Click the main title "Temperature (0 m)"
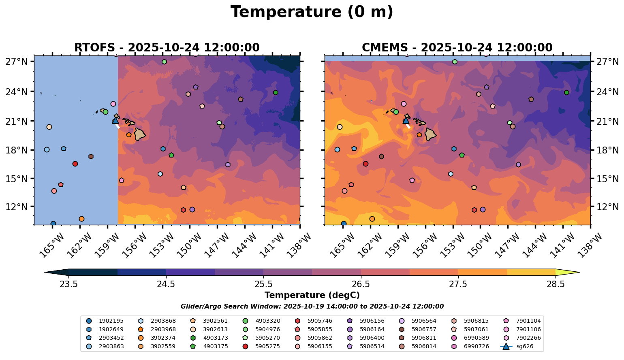312,12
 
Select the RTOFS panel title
167,48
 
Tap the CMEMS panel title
457,48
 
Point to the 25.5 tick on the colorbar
263,284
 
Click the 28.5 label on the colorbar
556,284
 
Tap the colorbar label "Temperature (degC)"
312,296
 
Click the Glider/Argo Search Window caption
312,307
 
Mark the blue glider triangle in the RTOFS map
115,120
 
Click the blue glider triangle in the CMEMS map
406,120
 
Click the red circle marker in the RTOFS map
75,164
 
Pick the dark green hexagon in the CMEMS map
566,93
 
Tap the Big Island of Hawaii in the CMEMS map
430,134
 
